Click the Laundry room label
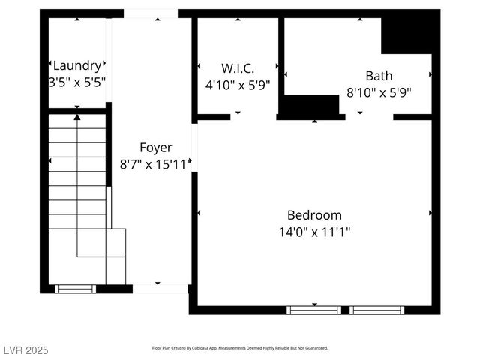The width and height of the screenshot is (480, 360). point(77,64)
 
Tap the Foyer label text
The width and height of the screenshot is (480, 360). point(156,148)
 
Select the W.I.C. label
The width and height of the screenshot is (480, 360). point(238,68)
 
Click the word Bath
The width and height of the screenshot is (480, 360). point(379,76)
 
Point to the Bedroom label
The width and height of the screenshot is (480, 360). point(314,215)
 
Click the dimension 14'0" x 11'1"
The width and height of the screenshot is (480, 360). point(314,232)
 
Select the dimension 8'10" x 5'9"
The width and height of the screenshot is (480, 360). point(379,92)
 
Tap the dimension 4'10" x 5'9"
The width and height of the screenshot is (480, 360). point(238,85)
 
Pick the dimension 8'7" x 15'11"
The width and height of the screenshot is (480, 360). point(156,163)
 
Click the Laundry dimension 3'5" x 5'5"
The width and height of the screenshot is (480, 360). point(77,80)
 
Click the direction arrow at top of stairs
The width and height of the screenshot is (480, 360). point(77,118)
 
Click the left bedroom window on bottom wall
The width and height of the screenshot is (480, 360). point(314,309)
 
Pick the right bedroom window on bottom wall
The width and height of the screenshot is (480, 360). point(377,309)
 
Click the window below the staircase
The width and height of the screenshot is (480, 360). point(76,288)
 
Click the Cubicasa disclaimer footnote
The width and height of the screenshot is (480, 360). point(240,348)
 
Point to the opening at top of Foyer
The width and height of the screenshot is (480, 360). point(151,13)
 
